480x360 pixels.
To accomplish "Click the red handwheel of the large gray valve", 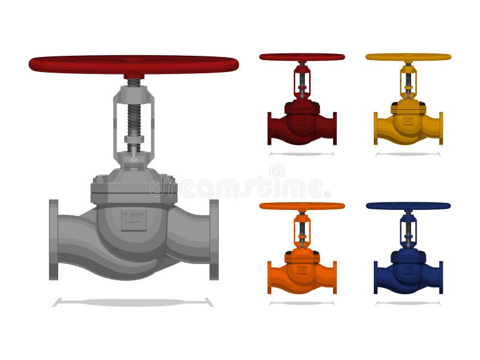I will click(x=133, y=64).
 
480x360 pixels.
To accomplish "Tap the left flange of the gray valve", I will click(x=54, y=239).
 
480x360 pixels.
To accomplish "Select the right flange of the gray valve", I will click(x=214, y=239).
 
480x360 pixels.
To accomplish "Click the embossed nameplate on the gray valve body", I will click(x=133, y=220).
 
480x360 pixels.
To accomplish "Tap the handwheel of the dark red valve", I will click(x=302, y=57).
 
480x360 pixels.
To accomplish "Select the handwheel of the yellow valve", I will click(x=408, y=57).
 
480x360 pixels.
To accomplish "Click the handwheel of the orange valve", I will click(x=302, y=206).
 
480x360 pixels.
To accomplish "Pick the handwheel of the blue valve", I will click(x=408, y=206).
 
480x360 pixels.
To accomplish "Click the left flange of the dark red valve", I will click(x=269, y=128).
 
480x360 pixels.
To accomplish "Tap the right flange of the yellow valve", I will click(x=441, y=128).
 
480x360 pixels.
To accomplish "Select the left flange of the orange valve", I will click(x=269, y=277).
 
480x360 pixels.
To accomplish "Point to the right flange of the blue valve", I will click(x=441, y=277).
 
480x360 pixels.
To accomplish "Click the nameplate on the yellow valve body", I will click(x=408, y=120).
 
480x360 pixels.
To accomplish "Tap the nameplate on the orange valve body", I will click(x=302, y=269).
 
